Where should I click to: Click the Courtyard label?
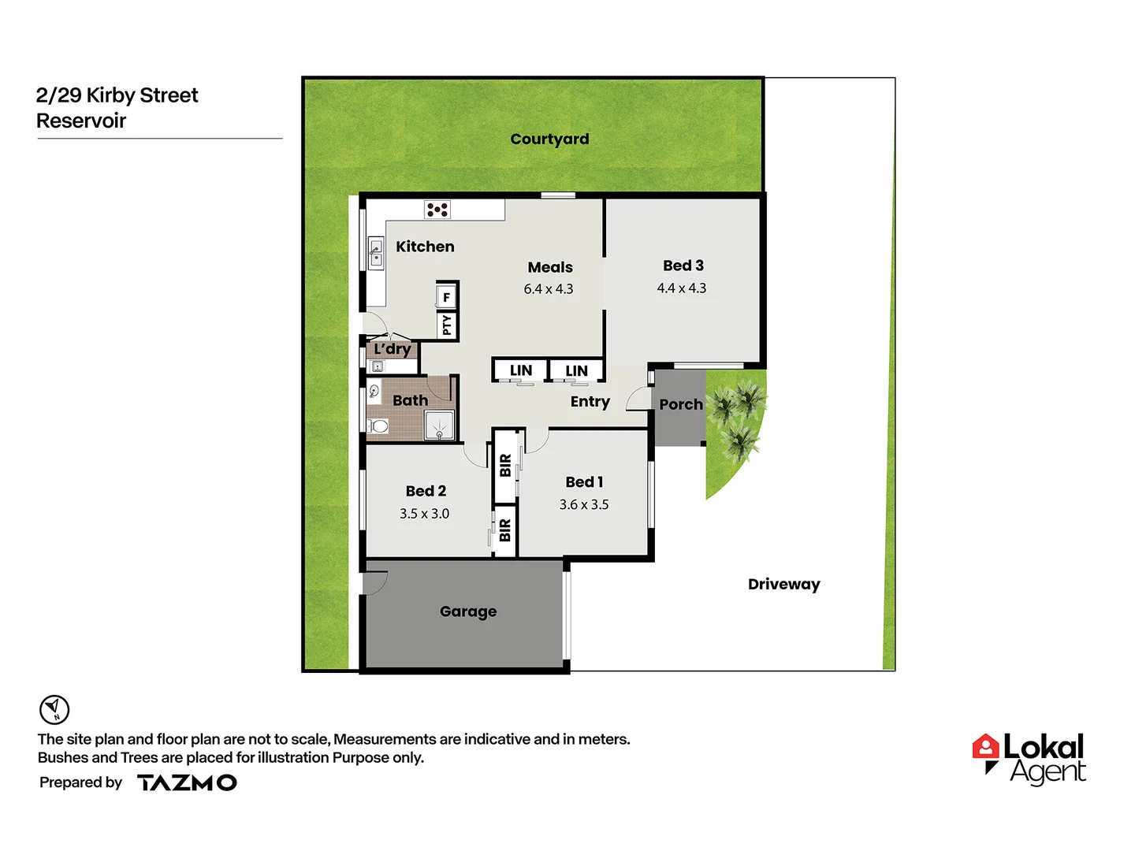point(549,139)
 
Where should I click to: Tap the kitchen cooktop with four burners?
point(437,210)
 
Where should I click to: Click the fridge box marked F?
point(446,297)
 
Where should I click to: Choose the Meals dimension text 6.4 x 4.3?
point(549,289)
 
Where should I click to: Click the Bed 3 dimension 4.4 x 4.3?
point(682,288)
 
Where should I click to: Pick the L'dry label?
point(393,349)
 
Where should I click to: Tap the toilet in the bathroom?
point(378,426)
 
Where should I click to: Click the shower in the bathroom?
point(439,425)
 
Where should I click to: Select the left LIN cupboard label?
point(520,370)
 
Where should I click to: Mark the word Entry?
point(590,402)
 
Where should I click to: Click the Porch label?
point(681,405)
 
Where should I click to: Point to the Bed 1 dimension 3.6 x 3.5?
point(584,504)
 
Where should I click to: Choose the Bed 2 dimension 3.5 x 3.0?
point(424,514)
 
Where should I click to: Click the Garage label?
point(468,611)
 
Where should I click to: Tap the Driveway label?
point(783,585)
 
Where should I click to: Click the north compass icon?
point(54,709)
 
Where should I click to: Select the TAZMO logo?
point(187,782)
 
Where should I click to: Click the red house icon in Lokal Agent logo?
point(985,747)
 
